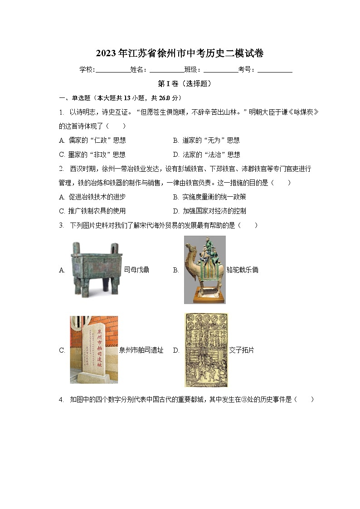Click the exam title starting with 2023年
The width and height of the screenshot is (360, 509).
point(180,53)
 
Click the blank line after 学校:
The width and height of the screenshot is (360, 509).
point(112,70)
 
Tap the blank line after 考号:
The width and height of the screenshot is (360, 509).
point(275,70)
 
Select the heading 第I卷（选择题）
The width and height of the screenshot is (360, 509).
point(180,84)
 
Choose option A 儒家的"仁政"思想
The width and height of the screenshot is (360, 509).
point(92,141)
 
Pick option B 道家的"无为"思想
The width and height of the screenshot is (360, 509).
point(206,141)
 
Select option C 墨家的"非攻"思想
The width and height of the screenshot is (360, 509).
point(92,155)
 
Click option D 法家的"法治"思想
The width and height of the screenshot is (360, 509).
point(206,155)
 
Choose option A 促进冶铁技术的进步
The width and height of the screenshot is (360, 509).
point(92,197)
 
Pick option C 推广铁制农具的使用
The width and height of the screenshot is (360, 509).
point(92,211)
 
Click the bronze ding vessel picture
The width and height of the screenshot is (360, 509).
point(94,269)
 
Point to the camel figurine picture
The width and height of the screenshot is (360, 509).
point(205,270)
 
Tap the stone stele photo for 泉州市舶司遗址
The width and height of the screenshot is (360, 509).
point(93,350)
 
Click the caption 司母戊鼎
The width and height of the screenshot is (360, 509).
point(136,270)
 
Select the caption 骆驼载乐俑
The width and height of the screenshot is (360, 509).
point(242,270)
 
